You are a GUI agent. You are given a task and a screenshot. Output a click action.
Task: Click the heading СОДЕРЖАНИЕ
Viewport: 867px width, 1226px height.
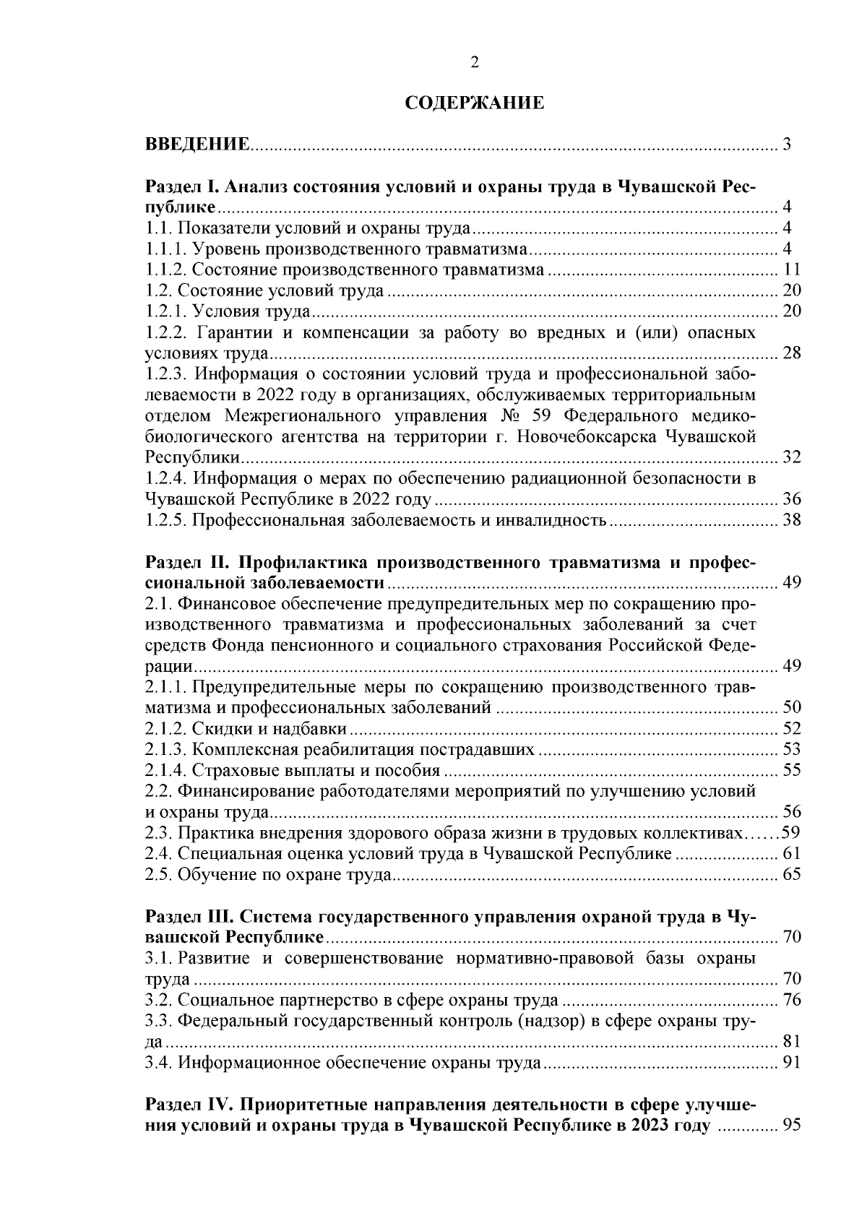[473, 103]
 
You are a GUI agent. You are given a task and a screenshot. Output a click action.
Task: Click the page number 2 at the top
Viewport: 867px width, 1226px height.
[474, 63]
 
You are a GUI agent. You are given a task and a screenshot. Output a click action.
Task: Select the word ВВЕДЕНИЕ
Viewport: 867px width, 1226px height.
[197, 144]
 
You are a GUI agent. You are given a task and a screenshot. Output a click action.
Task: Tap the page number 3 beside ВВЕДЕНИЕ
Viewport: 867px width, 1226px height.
[788, 144]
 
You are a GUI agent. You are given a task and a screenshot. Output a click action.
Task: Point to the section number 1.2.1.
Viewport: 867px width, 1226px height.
[166, 312]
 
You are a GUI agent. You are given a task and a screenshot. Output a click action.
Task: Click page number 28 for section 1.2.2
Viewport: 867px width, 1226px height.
[792, 354]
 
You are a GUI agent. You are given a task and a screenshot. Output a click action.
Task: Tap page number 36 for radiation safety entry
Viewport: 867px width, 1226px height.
[792, 500]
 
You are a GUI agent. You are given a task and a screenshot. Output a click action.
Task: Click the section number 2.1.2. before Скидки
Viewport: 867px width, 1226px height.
[166, 729]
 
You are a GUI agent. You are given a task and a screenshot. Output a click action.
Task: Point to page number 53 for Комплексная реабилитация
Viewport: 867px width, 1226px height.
[792, 750]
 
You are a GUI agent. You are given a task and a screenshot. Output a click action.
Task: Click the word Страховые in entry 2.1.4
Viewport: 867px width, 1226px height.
[230, 771]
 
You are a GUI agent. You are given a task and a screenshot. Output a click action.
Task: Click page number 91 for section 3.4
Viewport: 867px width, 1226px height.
[792, 1063]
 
